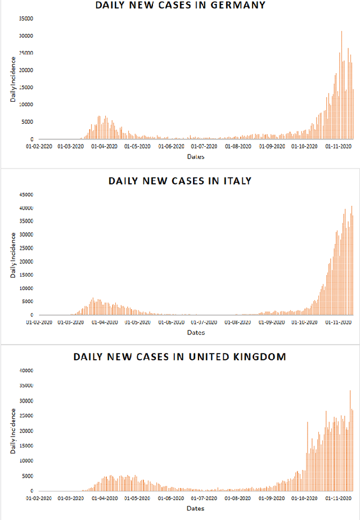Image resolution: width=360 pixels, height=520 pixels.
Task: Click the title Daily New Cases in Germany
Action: pos(180,6)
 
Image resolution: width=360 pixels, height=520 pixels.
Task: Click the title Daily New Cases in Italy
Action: pos(180,181)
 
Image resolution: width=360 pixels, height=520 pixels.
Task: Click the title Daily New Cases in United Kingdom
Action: pos(180,357)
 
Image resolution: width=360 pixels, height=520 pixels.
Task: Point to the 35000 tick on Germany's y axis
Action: pos(26,19)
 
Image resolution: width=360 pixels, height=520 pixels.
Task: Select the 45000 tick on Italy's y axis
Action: pos(26,195)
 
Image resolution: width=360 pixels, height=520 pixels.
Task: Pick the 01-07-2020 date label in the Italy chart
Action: pos(205,322)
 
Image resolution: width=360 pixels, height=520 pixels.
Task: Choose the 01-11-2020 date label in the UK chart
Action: pos(338,498)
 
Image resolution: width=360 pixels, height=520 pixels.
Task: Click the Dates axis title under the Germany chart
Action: pos(196,157)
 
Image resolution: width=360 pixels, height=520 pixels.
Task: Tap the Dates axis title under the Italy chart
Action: pos(196,333)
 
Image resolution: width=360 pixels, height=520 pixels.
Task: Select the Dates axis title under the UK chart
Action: pos(196,509)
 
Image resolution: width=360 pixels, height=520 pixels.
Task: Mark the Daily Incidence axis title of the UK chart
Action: pos(13,431)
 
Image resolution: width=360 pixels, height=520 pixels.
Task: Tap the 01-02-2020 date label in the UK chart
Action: pos(39,498)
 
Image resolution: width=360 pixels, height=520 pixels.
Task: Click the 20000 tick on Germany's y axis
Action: pos(26,70)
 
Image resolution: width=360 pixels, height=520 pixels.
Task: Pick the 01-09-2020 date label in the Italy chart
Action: pos(272,322)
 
